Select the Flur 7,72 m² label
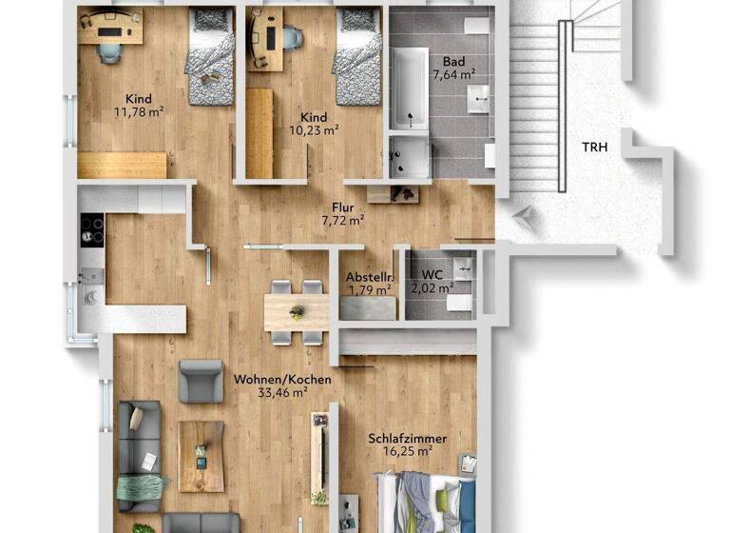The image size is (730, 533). coord(343,213)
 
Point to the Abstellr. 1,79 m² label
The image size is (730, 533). coord(368,282)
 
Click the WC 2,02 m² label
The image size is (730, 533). coord(432,280)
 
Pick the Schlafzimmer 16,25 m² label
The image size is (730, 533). coord(407,444)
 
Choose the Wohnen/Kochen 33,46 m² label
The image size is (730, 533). coord(282,385)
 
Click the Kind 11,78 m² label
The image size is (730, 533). coord(139,104)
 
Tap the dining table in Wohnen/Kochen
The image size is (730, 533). coord(297,311)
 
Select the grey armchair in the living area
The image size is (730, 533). coord(201,381)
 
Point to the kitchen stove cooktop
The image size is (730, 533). coord(91,230)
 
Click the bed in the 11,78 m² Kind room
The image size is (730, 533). coord(210,56)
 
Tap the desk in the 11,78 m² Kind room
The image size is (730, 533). coord(110,29)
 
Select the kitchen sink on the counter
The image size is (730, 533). coord(91,292)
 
